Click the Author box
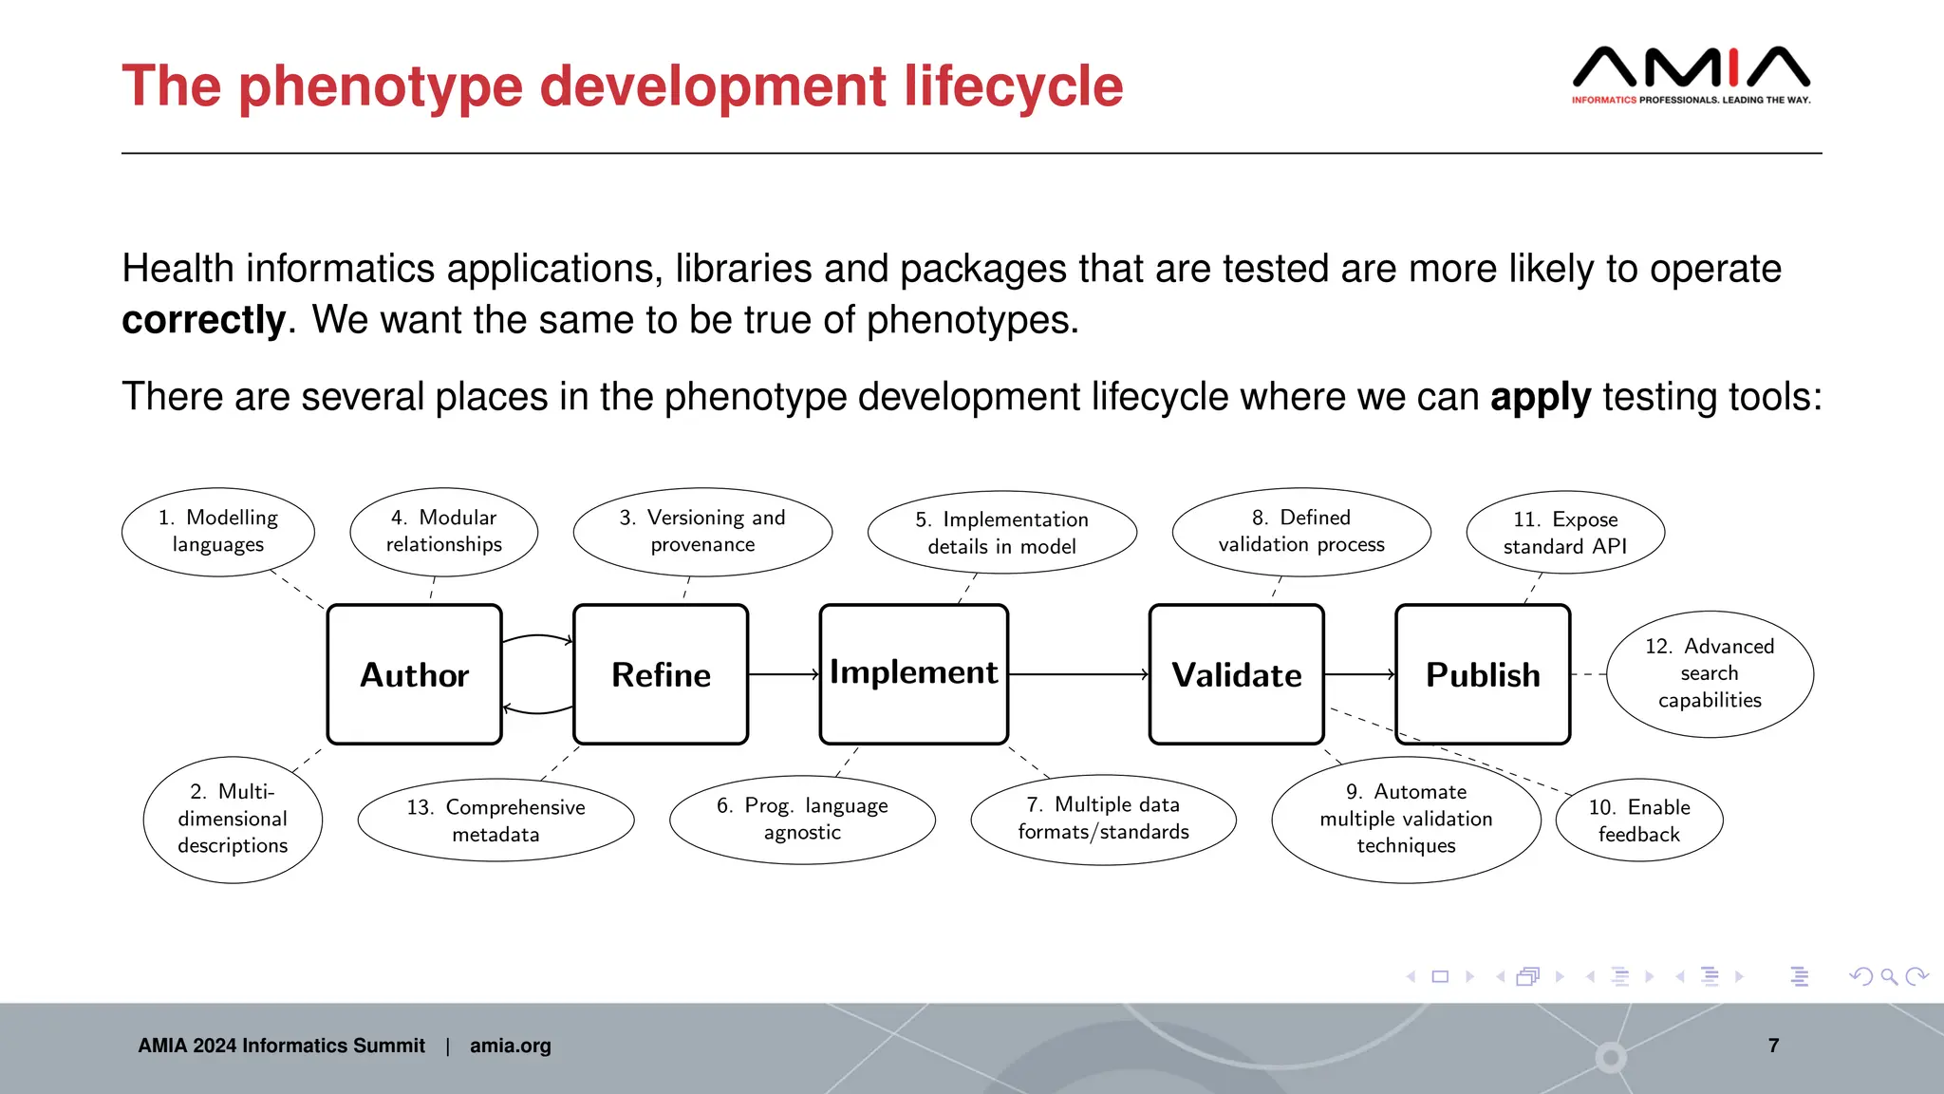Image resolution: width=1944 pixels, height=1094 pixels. click(x=414, y=674)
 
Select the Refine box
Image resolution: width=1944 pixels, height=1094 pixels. click(x=661, y=674)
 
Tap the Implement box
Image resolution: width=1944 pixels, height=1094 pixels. click(x=913, y=674)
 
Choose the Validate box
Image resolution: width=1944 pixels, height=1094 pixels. click(x=1236, y=674)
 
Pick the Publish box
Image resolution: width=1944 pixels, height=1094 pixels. click(x=1483, y=674)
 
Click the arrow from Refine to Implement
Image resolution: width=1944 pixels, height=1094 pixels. click(x=784, y=674)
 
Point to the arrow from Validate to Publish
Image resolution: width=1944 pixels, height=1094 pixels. click(x=1359, y=674)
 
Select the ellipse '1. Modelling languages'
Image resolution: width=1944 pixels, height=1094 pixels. click(x=218, y=532)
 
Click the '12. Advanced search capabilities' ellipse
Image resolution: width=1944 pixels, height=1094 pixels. click(x=1710, y=673)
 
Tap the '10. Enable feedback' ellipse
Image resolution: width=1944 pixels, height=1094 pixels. click(x=1639, y=820)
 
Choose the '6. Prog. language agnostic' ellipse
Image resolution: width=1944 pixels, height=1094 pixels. click(x=802, y=819)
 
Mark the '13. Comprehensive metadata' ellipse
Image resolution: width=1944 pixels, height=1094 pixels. click(x=495, y=820)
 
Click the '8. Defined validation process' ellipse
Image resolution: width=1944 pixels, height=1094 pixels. click(x=1301, y=532)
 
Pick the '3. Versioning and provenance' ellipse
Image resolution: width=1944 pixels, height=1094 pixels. click(x=702, y=532)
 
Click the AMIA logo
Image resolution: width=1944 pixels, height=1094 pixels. click(x=1691, y=74)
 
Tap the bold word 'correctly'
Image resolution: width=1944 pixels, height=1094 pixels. click(x=203, y=320)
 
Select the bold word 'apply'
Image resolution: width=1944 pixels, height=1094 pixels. click(x=1540, y=397)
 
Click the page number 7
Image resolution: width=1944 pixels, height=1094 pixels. click(x=1773, y=1046)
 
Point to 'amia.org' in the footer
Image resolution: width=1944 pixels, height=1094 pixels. click(x=510, y=1046)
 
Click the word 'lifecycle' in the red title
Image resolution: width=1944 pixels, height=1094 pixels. click(x=1013, y=86)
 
